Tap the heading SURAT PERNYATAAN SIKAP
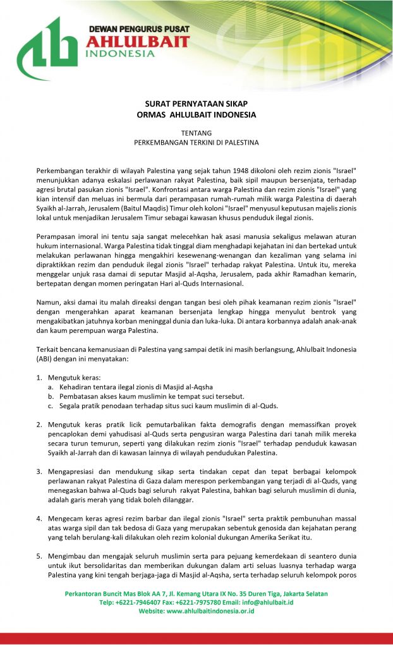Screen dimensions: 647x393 point(196,104)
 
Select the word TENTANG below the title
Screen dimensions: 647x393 point(196,133)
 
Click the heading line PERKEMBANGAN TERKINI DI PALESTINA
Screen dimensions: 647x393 point(196,143)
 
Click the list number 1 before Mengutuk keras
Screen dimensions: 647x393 point(39,377)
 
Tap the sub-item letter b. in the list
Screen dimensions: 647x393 point(51,396)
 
